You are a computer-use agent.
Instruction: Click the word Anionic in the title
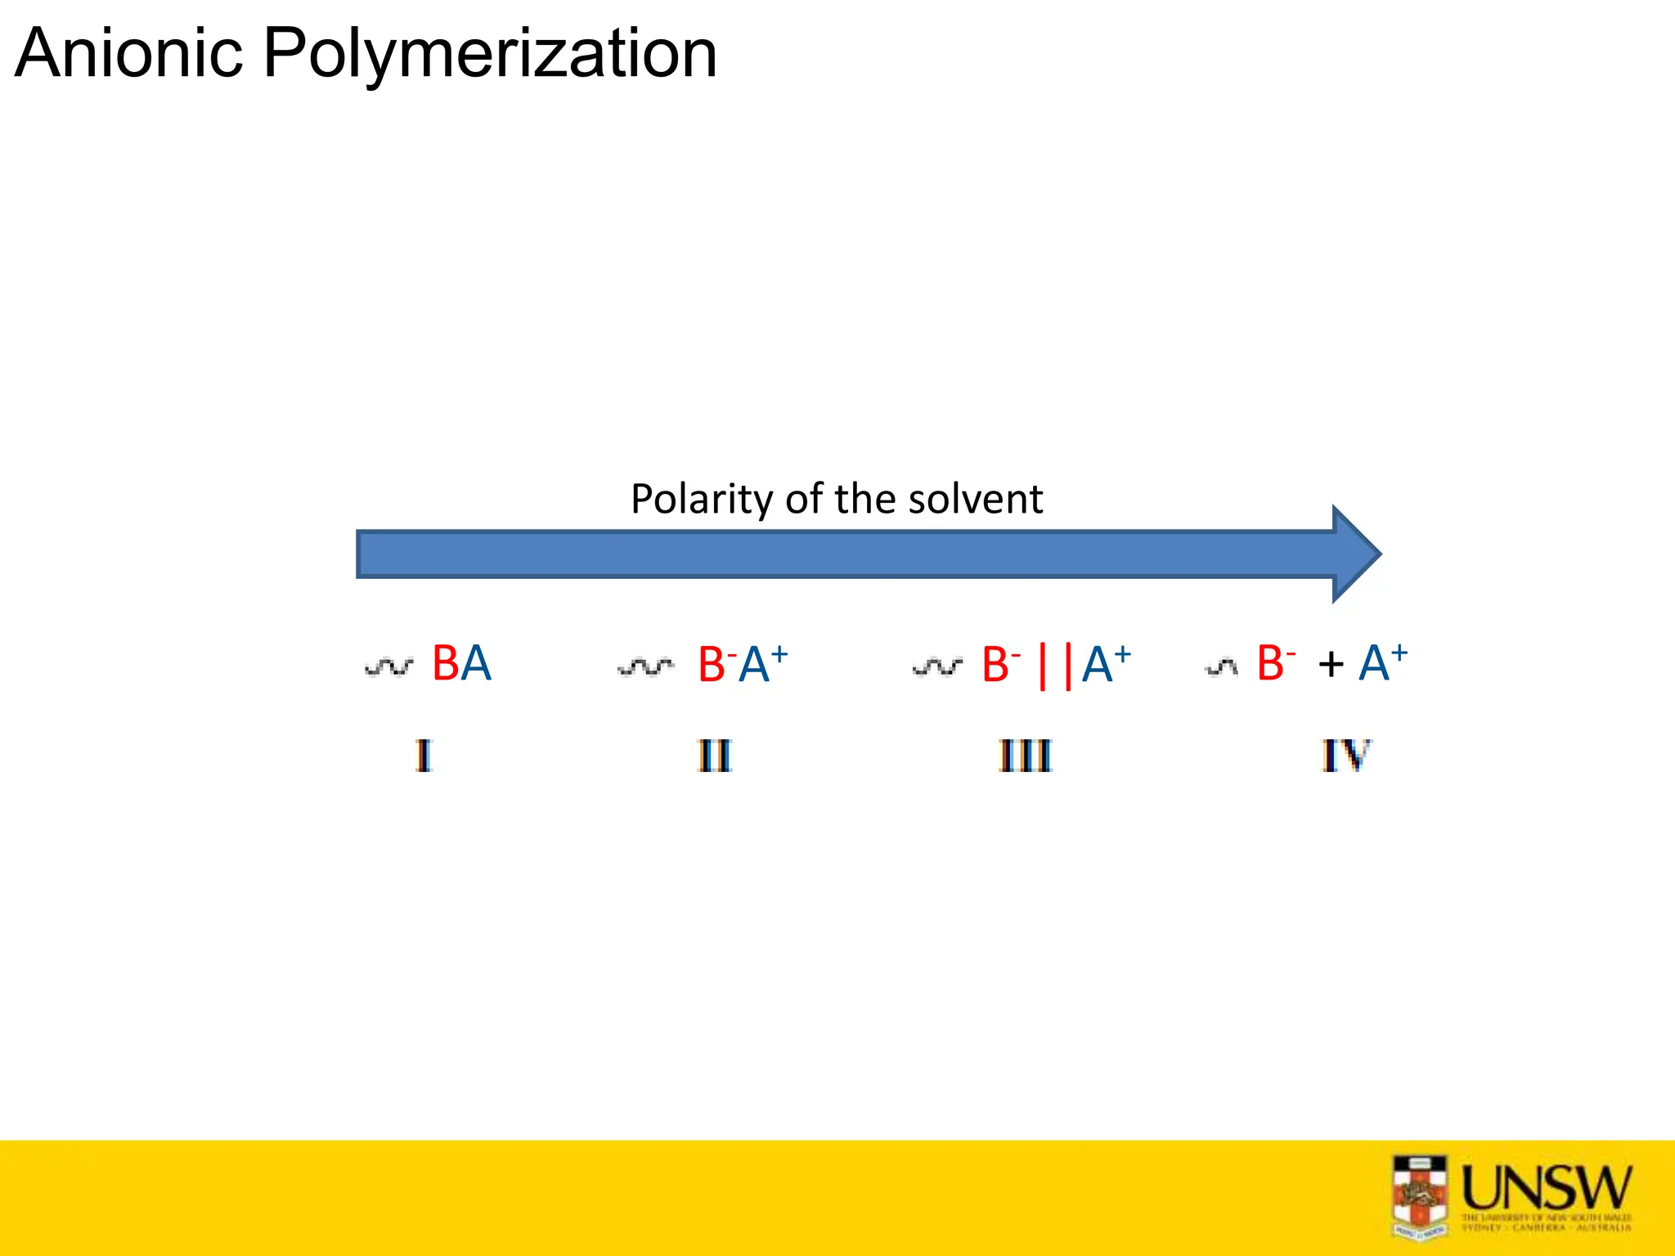click(x=129, y=54)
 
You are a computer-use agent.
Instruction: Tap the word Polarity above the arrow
click(x=701, y=499)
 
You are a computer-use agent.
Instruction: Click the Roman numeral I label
click(x=423, y=756)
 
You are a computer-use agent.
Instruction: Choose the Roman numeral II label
click(x=714, y=756)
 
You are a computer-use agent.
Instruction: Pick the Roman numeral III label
click(x=1025, y=756)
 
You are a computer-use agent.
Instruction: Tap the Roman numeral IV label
click(x=1345, y=756)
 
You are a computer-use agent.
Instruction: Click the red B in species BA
click(x=446, y=663)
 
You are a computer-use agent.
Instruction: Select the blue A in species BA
click(x=476, y=663)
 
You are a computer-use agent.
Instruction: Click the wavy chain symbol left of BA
click(x=389, y=667)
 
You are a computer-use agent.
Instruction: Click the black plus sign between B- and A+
click(x=1331, y=664)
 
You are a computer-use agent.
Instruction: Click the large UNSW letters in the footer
click(x=1546, y=1187)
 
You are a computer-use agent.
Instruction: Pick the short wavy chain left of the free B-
click(x=1221, y=668)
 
